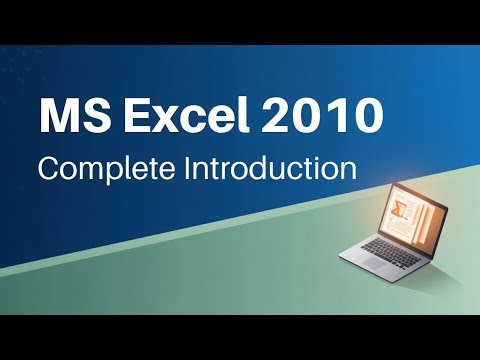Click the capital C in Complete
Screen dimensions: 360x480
48,166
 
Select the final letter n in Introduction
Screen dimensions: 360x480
348,168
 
